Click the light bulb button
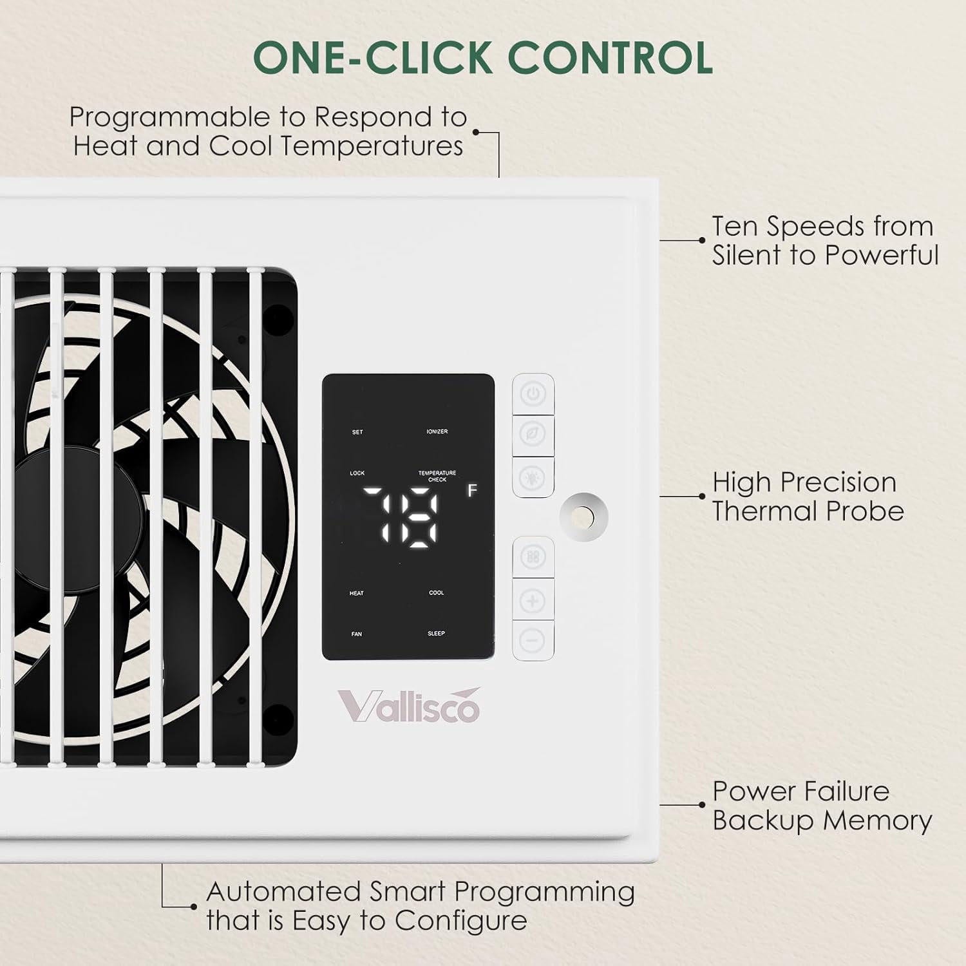[533, 477]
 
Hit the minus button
[533, 640]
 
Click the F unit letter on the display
[472, 491]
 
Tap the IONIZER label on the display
[437, 431]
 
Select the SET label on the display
[357, 432]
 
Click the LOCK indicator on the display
[357, 473]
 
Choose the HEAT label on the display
[357, 593]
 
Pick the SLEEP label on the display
[437, 634]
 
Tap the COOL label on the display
[437, 593]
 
